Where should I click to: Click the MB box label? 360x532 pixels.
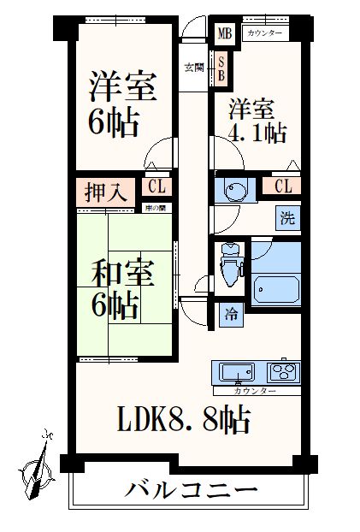click(x=223, y=34)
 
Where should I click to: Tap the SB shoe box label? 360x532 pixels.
click(x=221, y=68)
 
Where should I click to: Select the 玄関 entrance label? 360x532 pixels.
click(x=193, y=68)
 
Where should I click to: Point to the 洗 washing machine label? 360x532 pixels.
click(x=287, y=217)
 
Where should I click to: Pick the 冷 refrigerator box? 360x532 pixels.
click(x=231, y=313)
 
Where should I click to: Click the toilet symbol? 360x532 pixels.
click(x=230, y=263)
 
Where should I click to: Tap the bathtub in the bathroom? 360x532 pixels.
click(x=275, y=285)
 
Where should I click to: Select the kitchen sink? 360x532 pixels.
click(x=237, y=372)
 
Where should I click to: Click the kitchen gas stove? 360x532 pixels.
click(x=284, y=372)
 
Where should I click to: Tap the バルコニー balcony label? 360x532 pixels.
click(x=192, y=492)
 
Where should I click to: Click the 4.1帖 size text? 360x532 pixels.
click(x=257, y=133)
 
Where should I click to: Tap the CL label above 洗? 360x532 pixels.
click(x=284, y=186)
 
